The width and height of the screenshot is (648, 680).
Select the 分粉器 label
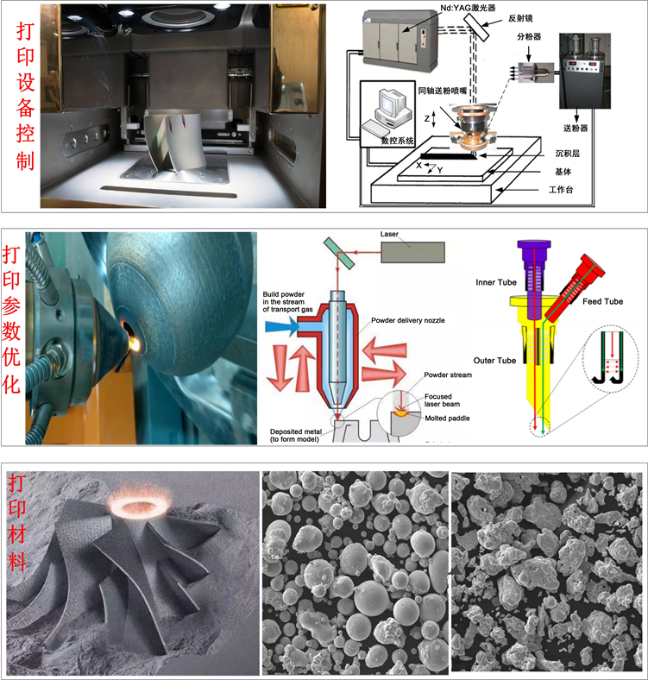pos(532,37)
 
